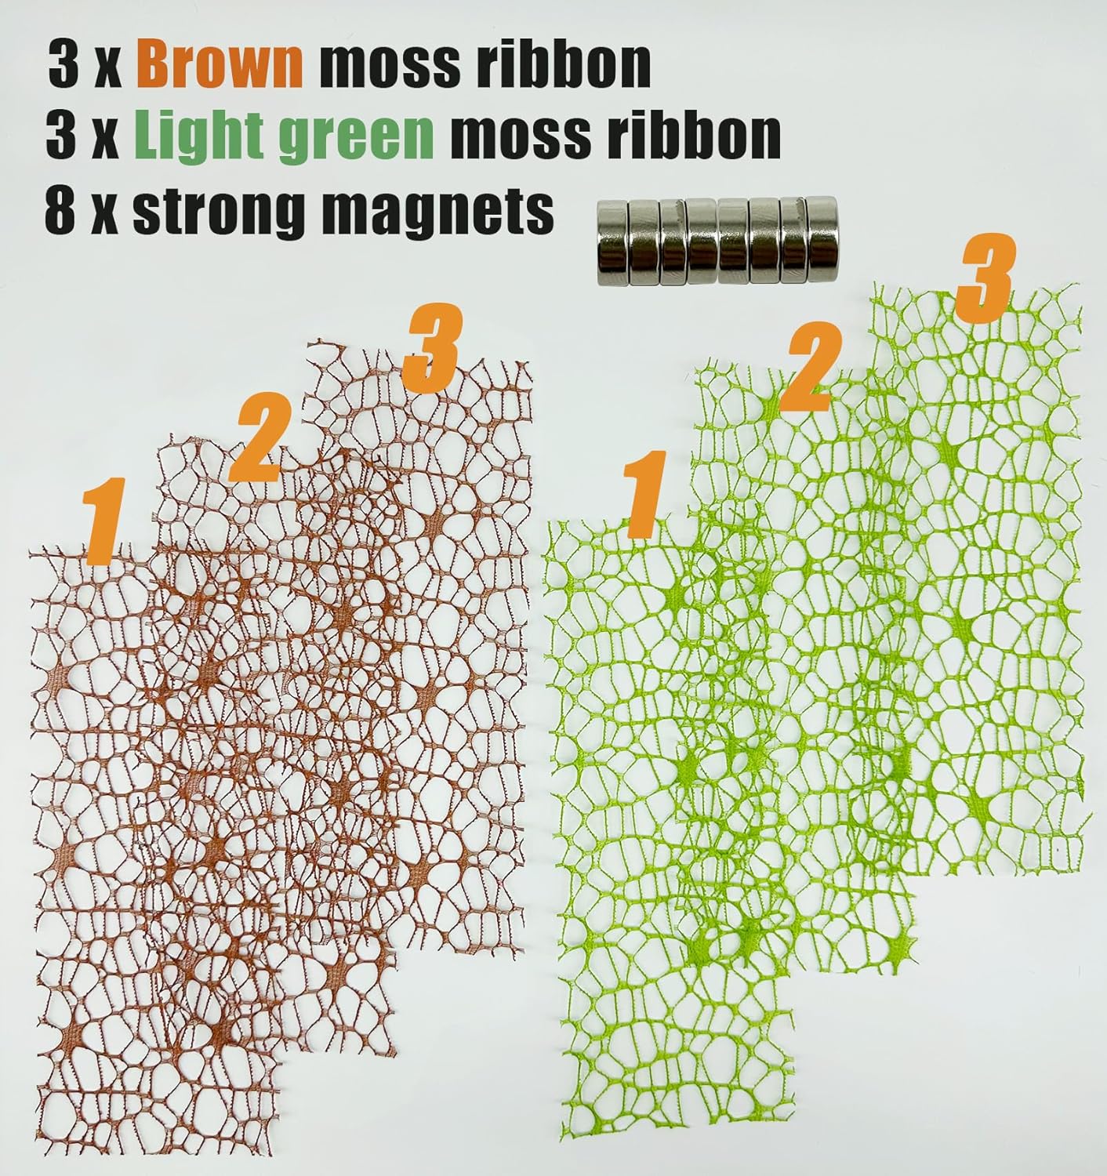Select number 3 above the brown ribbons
coord(430,350)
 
